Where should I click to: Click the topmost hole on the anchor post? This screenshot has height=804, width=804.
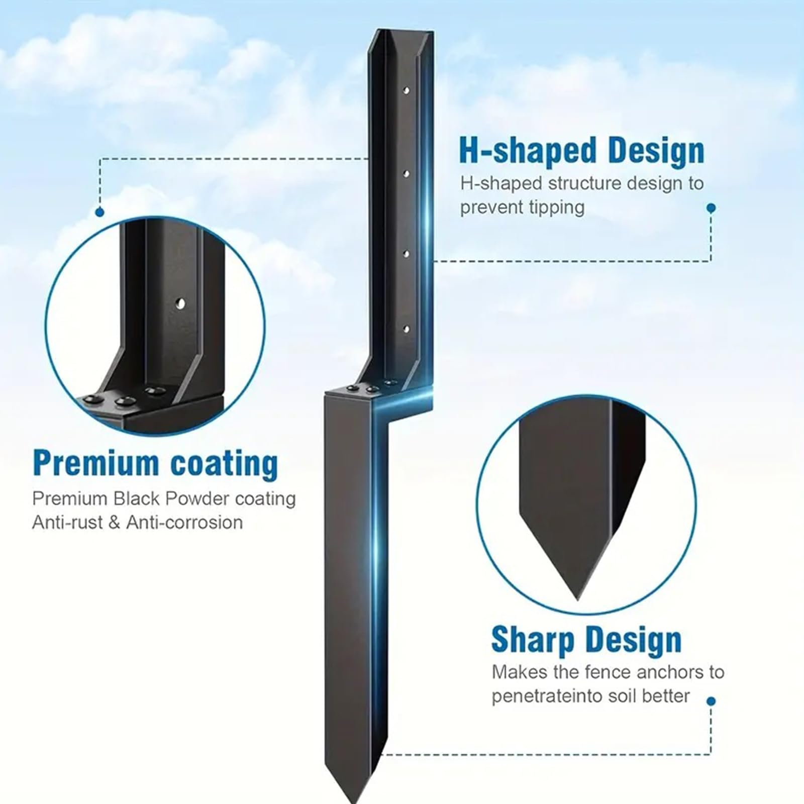pyautogui.click(x=406, y=90)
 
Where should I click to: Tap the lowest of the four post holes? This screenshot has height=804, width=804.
pyautogui.click(x=406, y=329)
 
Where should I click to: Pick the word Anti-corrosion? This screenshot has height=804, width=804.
pyautogui.click(x=184, y=523)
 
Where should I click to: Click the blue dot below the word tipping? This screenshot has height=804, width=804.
pyautogui.click(x=711, y=208)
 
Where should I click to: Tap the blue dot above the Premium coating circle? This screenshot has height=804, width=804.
pyautogui.click(x=99, y=213)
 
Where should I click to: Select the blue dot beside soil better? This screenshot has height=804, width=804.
pyautogui.click(x=711, y=701)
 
